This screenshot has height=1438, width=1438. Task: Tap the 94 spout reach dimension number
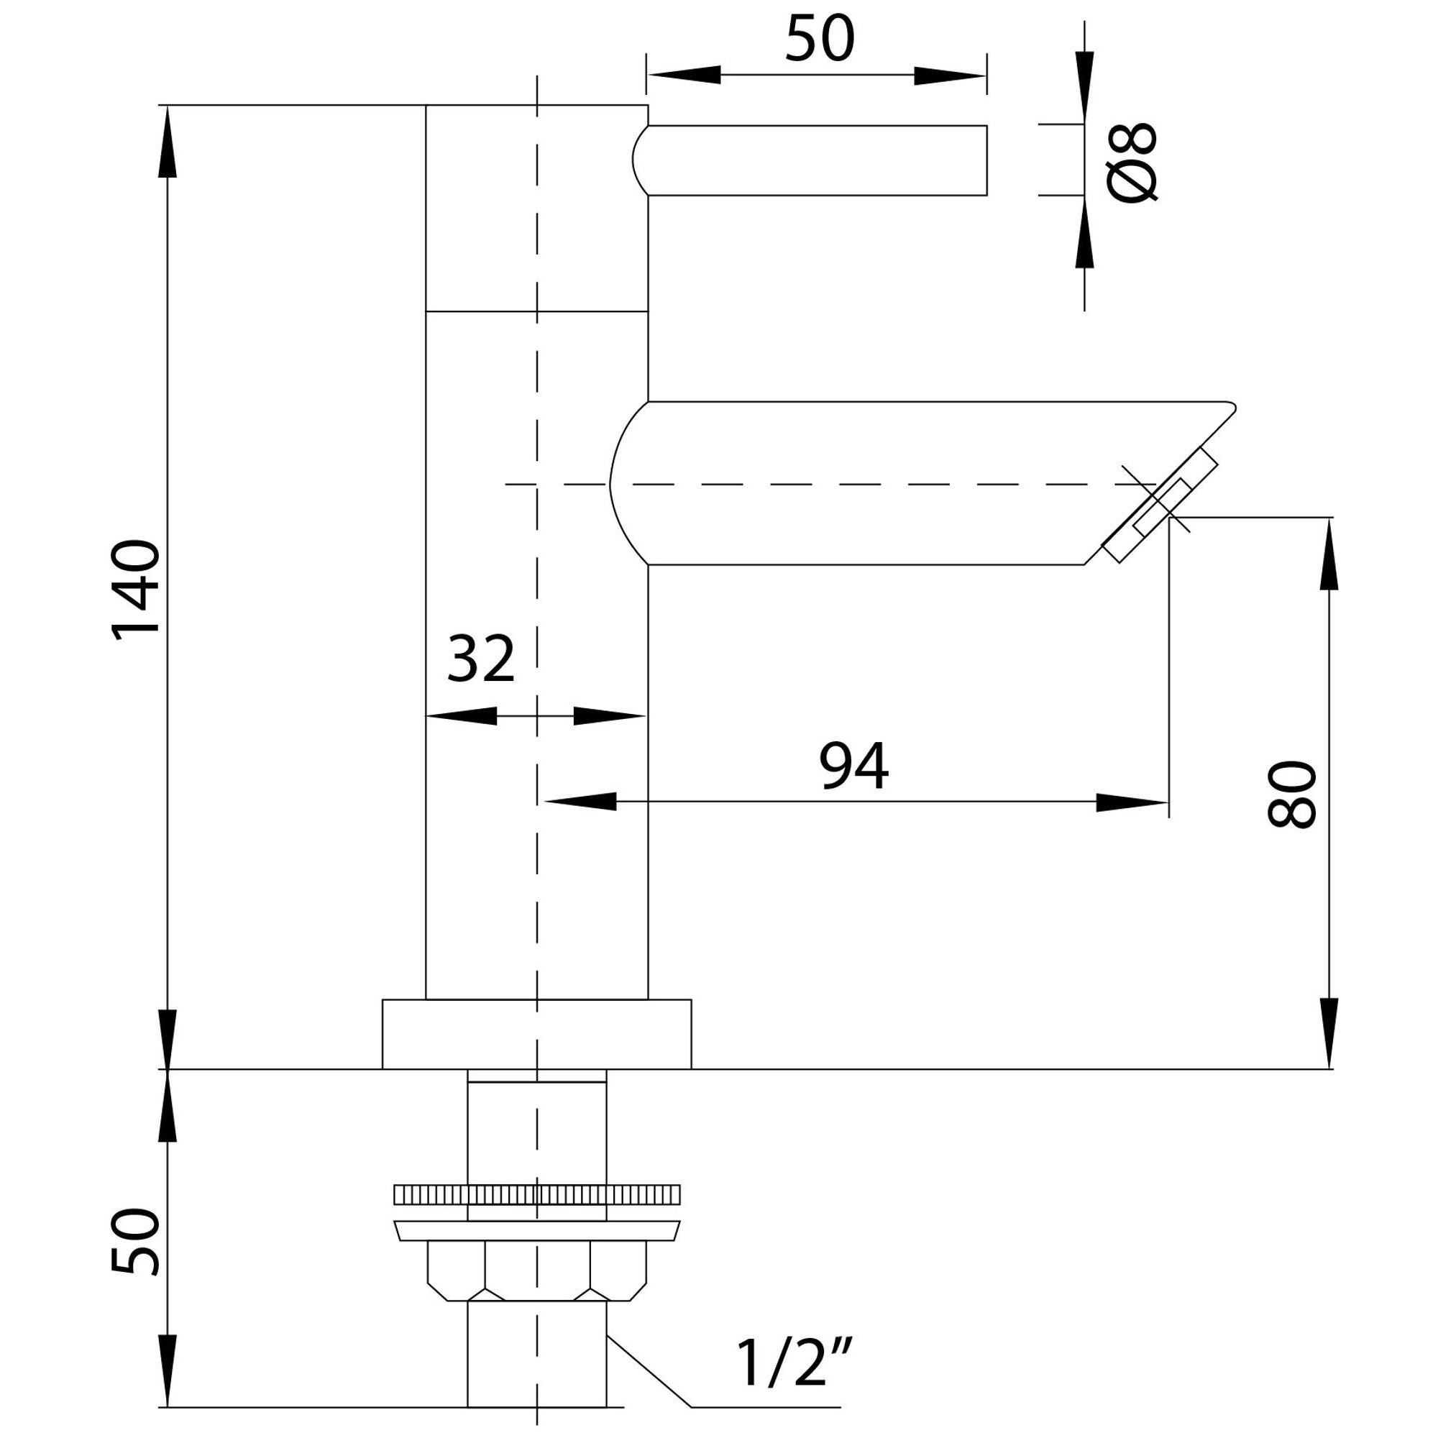pyautogui.click(x=853, y=766)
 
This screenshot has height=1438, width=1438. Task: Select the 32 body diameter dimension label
pyautogui.click(x=481, y=659)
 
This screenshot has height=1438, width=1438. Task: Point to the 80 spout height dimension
pyautogui.click(x=1291, y=794)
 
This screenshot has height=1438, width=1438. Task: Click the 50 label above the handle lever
pyautogui.click(x=820, y=38)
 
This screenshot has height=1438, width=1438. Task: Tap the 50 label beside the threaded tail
pyautogui.click(x=135, y=1242)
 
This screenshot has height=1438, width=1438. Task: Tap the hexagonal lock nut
pyautogui.click(x=536, y=1270)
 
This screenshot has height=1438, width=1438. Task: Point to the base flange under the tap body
pyautogui.click(x=536, y=1035)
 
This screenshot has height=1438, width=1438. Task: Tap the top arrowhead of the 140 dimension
pyautogui.click(x=169, y=142)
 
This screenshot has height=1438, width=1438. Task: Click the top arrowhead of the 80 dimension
pyautogui.click(x=1329, y=554)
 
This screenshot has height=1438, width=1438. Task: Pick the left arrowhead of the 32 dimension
pyautogui.click(x=462, y=716)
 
